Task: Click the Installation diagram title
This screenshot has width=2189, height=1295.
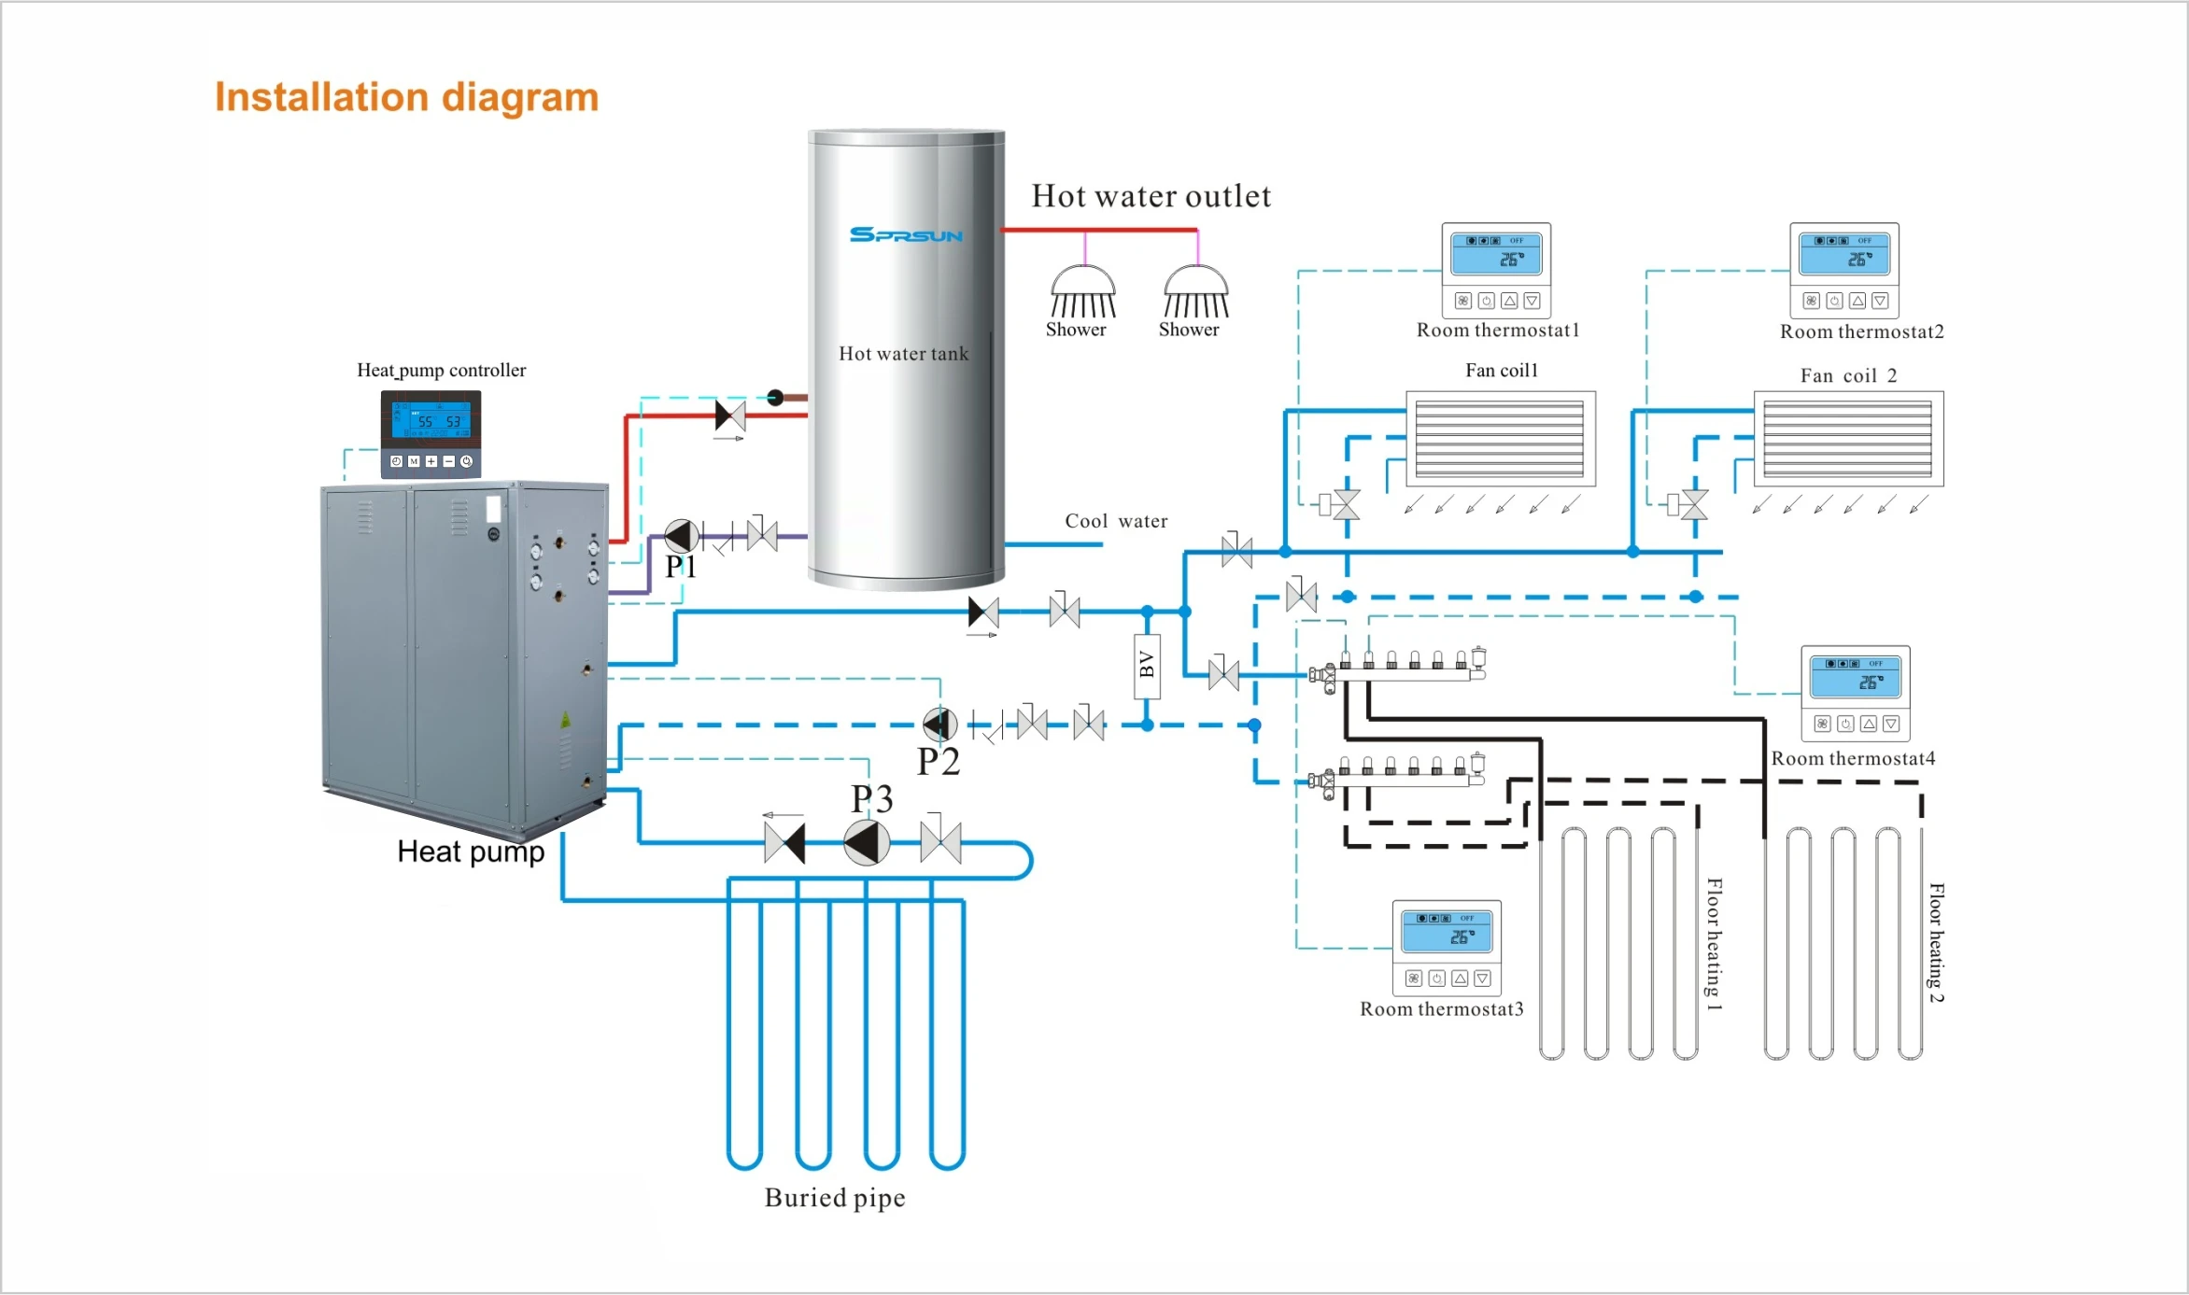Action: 406,98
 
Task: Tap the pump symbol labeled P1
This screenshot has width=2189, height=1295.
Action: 682,536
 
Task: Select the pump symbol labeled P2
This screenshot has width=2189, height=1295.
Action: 940,724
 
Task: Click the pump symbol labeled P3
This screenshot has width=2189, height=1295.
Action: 867,843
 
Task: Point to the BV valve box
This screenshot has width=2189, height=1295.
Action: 1147,667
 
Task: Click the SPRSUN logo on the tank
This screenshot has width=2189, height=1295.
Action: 906,234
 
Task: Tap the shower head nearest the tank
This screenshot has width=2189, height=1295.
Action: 1083,292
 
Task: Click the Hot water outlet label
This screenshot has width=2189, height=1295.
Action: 1151,196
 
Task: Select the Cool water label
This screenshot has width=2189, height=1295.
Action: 1116,521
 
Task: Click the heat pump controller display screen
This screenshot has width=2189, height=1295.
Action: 431,420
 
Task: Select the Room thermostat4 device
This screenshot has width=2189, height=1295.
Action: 1856,692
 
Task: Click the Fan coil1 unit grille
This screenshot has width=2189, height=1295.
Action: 1500,439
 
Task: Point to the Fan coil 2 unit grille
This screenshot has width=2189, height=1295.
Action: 1848,439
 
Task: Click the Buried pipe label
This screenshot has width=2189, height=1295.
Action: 835,1198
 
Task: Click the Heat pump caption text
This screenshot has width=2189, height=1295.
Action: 471,852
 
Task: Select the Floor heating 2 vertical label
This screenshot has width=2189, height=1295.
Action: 1937,943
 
